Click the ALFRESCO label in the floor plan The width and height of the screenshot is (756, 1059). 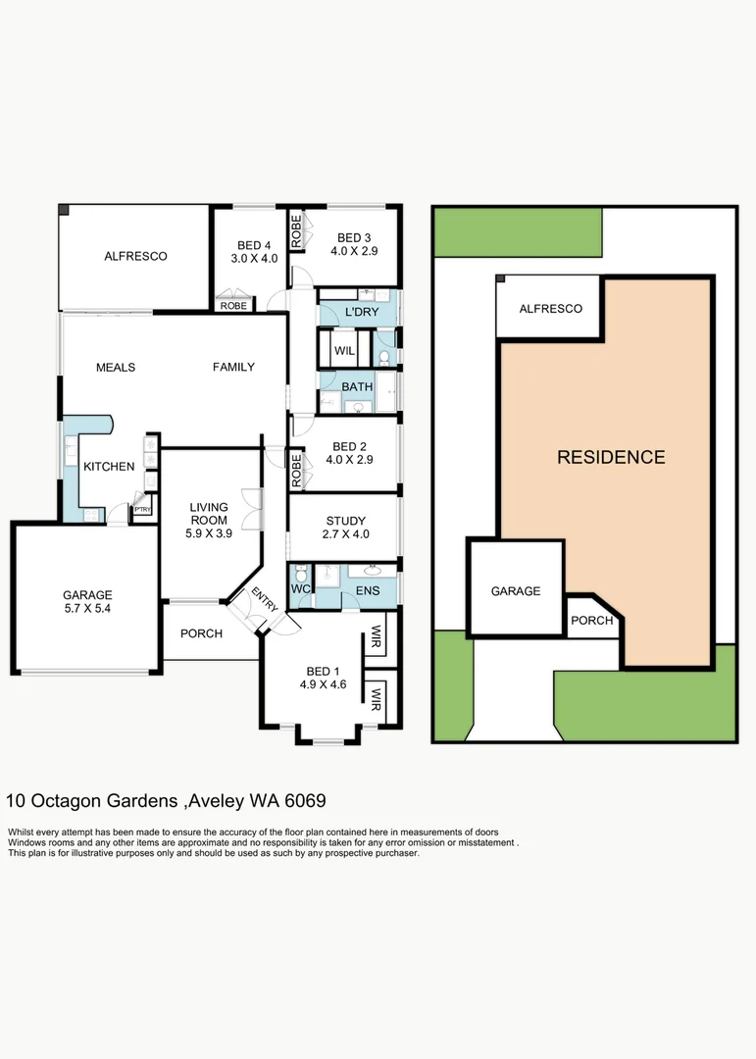click(x=135, y=256)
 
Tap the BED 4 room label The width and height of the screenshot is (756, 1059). click(x=254, y=246)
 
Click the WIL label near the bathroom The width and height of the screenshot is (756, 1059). click(x=343, y=350)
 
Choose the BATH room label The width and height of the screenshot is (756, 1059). click(x=357, y=386)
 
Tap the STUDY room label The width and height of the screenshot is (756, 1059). click(x=345, y=521)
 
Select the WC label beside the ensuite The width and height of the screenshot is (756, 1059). click(x=302, y=589)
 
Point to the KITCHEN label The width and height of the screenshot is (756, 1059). click(x=108, y=466)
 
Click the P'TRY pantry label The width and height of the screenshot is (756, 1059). click(x=143, y=509)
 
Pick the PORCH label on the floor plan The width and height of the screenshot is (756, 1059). click(x=201, y=633)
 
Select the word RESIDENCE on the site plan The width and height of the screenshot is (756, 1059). click(x=611, y=457)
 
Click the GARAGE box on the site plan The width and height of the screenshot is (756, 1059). click(x=516, y=591)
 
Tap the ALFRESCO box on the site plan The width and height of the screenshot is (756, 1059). click(x=550, y=308)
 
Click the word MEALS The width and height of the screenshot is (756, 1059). click(x=116, y=368)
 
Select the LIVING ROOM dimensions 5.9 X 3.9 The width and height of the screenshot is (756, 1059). click(x=208, y=534)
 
